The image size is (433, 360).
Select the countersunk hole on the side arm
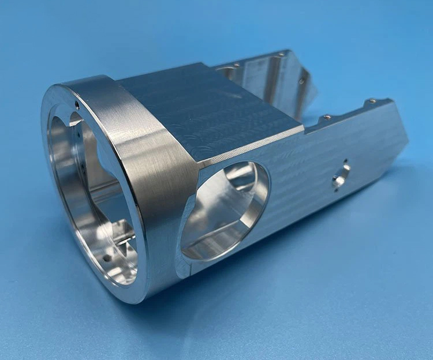point(341,174)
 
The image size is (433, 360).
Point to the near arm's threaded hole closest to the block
point(327,118)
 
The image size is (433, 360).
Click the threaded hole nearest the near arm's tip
point(372,102)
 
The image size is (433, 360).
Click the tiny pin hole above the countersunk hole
point(345,162)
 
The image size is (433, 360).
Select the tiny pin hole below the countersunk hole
point(335,187)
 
